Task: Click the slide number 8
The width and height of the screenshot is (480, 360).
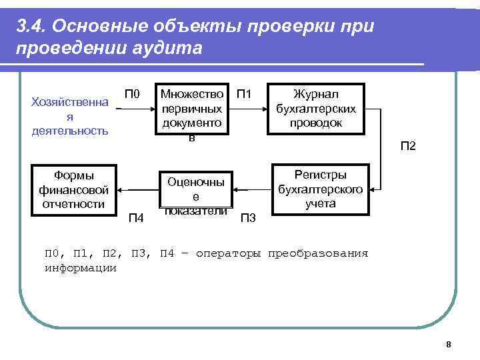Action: tap(449, 344)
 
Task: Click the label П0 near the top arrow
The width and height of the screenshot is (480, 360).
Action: tap(133, 94)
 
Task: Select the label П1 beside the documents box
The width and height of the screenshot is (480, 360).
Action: tap(244, 94)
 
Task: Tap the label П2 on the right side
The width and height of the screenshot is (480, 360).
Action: tap(407, 145)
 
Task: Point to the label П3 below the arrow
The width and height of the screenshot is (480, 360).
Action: tap(247, 217)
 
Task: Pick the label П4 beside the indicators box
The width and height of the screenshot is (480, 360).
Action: tap(137, 217)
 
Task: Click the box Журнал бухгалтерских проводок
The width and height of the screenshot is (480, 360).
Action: tap(317, 109)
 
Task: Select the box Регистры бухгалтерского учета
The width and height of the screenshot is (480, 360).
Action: tap(321, 189)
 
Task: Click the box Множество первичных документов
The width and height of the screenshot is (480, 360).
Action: tap(192, 109)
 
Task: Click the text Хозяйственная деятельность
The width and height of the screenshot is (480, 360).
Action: tap(70, 116)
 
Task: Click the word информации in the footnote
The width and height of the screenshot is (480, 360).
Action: tap(80, 268)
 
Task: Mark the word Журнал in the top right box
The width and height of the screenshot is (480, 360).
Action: tap(316, 95)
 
